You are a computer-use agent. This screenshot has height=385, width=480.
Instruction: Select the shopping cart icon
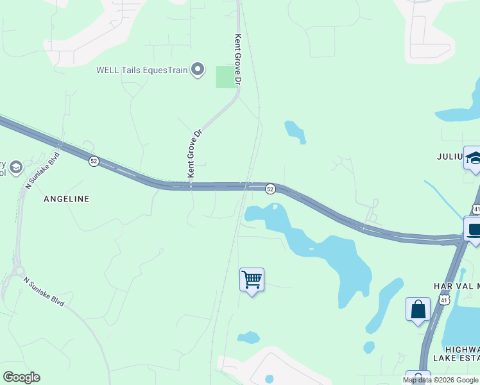click(252, 280)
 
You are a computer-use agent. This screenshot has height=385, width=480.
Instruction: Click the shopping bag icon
click(418, 309)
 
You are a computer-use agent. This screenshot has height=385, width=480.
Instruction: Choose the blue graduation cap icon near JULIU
click(473, 158)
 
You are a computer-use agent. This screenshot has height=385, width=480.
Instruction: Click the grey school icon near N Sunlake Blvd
click(16, 168)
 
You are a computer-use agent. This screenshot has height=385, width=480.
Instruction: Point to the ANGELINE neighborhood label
click(66, 199)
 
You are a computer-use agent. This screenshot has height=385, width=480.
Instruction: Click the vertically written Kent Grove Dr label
click(238, 60)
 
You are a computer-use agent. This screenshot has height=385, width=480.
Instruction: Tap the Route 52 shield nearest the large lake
click(270, 189)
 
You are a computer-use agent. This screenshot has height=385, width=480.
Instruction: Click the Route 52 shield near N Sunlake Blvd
click(94, 161)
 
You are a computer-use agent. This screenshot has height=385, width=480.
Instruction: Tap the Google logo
click(21, 377)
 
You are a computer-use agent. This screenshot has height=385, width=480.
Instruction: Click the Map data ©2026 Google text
click(440, 380)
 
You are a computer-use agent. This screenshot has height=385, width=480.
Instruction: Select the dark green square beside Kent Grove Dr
click(225, 77)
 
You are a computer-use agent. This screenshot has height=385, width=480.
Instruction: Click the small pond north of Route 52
click(295, 131)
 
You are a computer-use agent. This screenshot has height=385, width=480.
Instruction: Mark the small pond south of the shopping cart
click(248, 338)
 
